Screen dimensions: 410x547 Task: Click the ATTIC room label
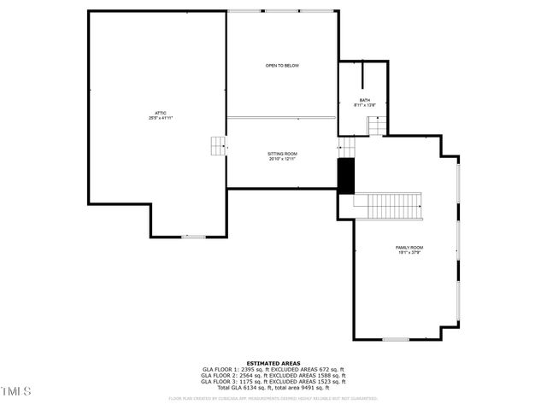161,113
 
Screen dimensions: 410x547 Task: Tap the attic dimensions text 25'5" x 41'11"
161,118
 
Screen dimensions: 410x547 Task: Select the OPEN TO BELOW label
282,66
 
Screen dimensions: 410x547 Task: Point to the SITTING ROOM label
282,154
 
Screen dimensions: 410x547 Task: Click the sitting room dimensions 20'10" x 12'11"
282,159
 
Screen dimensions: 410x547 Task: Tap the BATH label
365,101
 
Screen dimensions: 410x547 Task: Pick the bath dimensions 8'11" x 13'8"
365,106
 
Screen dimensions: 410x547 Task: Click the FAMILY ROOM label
410,248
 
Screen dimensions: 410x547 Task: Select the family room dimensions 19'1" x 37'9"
410,253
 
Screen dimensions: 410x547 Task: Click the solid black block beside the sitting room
346,175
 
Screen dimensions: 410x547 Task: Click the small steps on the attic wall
218,146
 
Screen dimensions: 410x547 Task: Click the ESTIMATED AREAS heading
273,363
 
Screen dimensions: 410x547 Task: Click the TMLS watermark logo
15,391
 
